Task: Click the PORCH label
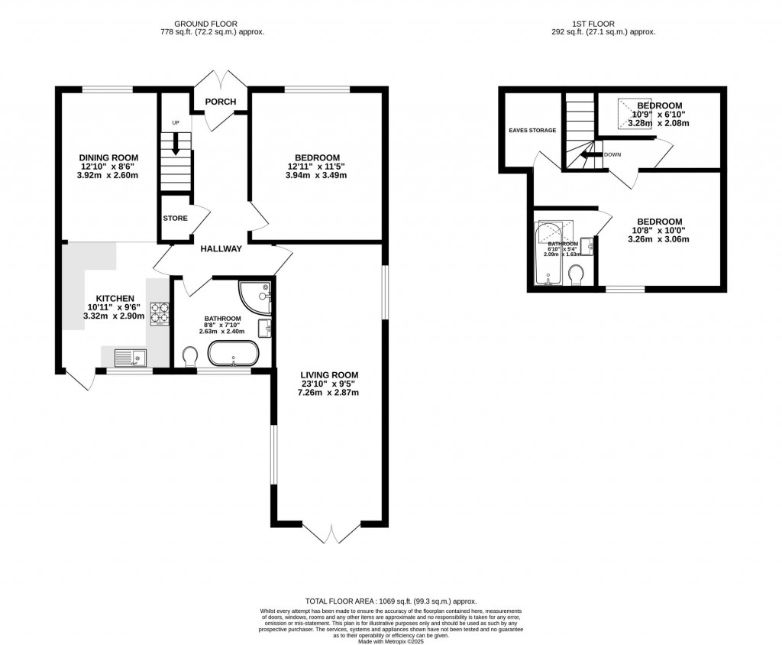[220, 102]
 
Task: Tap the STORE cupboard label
[175, 219]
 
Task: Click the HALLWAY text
[221, 248]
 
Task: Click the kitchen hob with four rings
[159, 311]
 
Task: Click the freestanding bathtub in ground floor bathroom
[234, 354]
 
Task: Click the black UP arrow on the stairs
[176, 143]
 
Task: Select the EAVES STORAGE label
[533, 130]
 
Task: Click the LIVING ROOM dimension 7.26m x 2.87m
[329, 393]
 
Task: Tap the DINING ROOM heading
[108, 157]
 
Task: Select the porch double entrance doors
[220, 79]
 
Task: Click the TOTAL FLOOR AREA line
[390, 601]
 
